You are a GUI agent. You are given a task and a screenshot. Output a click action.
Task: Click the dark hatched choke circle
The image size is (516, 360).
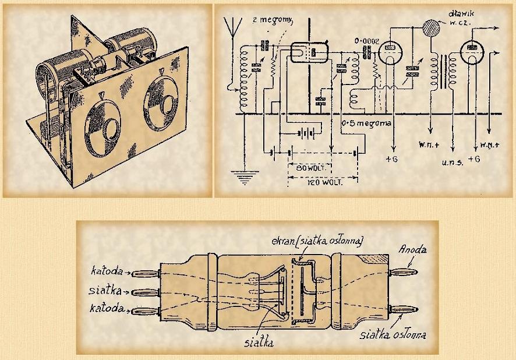pos(431,30)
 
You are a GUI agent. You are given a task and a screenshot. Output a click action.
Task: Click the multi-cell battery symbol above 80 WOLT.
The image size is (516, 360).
pos(306,132)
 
